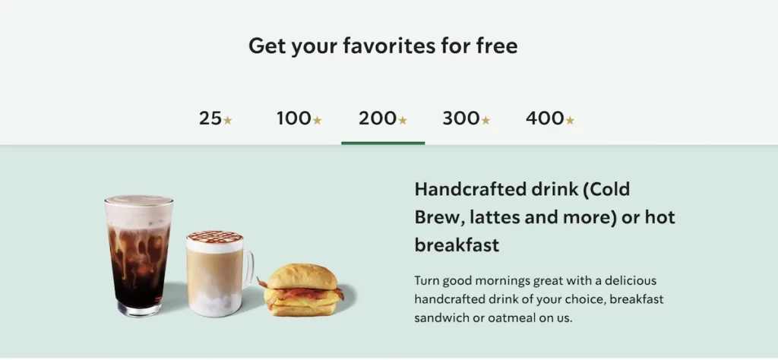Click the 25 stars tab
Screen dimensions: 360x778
tap(216, 118)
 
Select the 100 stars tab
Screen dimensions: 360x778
tap(299, 118)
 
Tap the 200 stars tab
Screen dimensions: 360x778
tap(383, 118)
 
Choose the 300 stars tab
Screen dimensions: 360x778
tap(466, 118)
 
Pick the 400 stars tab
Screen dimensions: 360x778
tap(549, 118)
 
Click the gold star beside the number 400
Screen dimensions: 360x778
tap(570, 120)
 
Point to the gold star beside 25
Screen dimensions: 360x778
tap(228, 120)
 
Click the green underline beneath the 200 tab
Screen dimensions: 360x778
tap(383, 142)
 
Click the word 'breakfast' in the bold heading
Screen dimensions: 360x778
tap(457, 245)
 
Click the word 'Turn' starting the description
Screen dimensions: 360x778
tap(428, 280)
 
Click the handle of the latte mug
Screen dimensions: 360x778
tap(248, 270)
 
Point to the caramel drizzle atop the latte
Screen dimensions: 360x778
tap(214, 237)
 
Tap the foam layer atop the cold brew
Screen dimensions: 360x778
tap(138, 210)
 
